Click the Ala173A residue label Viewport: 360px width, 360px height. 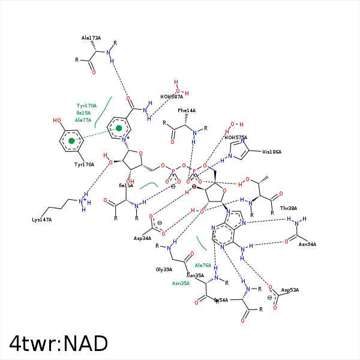click(91, 38)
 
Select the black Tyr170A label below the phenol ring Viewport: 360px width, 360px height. click(84, 164)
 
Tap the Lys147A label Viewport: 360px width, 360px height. click(42, 220)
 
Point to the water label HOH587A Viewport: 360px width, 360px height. click(172, 97)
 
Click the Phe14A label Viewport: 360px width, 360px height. click(187, 110)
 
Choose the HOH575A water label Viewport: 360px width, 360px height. click(236, 137)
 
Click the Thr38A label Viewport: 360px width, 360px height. click(288, 208)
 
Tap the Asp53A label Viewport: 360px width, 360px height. click(290, 290)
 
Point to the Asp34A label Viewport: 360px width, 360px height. click(142, 238)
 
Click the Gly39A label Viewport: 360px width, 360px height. click(164, 269)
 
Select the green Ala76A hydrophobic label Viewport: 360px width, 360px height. click(203, 265)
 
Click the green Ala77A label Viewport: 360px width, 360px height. click(83, 120)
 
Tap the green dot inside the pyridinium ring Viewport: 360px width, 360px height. click(119, 128)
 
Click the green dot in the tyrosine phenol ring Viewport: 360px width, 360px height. click(71, 141)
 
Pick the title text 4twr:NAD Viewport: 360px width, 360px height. click(58, 343)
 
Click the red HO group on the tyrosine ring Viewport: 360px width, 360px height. click(57, 121)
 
